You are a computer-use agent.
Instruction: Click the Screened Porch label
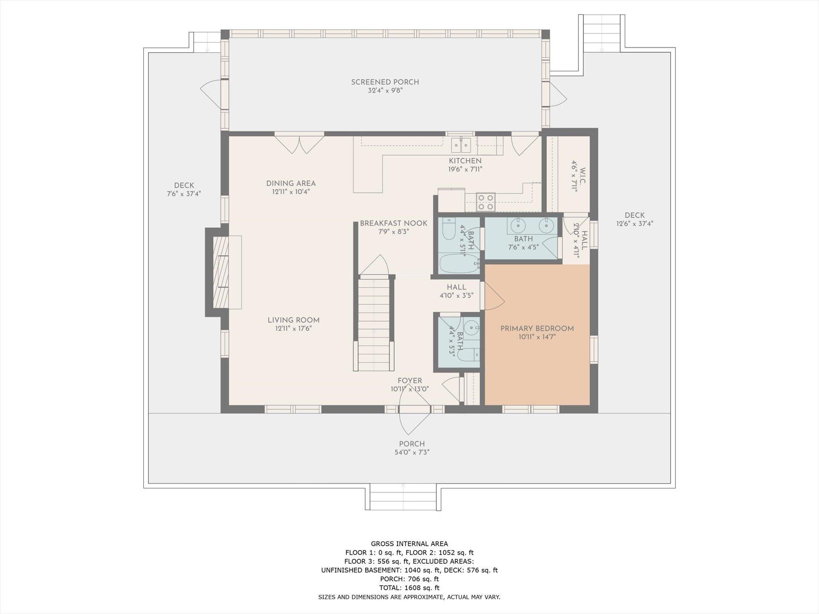(x=385, y=82)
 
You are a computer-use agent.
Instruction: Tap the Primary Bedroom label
(x=537, y=328)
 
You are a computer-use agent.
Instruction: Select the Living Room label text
(x=293, y=320)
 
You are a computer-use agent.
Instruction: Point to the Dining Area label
(x=291, y=183)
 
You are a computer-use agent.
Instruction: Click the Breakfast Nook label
(x=393, y=223)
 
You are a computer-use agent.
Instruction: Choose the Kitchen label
(x=465, y=161)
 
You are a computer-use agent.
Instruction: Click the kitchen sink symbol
(x=461, y=145)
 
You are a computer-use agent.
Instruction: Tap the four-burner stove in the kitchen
(x=485, y=202)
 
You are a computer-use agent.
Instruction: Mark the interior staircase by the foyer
(x=374, y=324)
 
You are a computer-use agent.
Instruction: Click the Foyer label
(x=409, y=381)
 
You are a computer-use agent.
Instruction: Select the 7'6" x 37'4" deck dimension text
(x=184, y=194)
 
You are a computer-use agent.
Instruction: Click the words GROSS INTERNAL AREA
(x=409, y=544)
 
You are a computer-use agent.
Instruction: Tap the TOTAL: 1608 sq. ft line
(x=409, y=588)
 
